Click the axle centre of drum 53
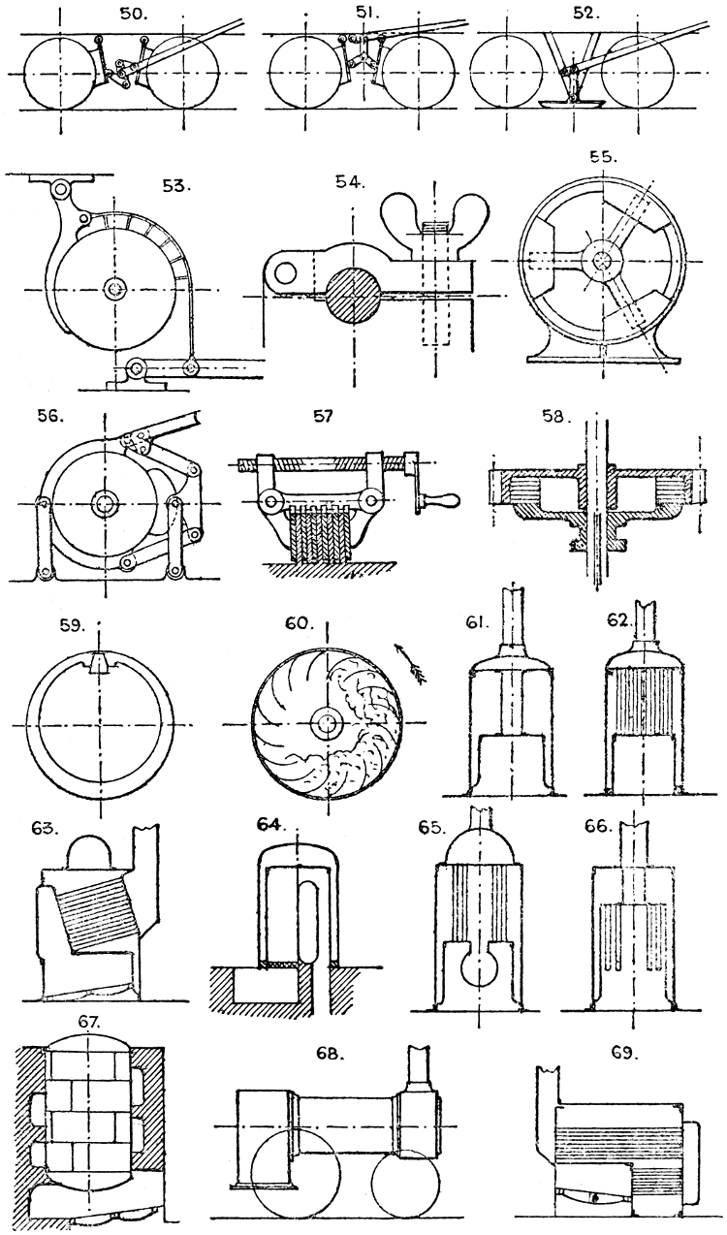115,289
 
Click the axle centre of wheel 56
103,501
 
